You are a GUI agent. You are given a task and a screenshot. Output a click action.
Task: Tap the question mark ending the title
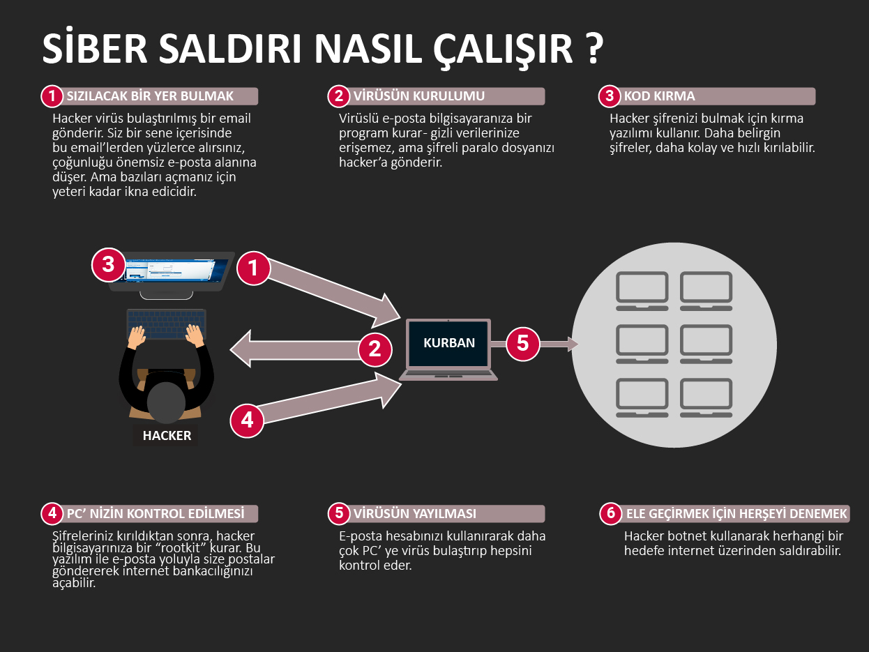591,49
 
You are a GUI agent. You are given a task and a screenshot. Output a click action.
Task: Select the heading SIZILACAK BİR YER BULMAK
149,96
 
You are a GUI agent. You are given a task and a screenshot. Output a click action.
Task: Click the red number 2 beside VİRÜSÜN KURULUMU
339,96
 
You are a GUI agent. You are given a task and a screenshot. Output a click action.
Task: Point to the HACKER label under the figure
167,436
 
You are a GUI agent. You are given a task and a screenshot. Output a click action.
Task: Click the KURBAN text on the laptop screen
449,342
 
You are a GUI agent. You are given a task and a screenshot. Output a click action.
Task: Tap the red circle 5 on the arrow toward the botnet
523,344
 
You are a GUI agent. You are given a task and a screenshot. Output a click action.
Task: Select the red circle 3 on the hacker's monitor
108,265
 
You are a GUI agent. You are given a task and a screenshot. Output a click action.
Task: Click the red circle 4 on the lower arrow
248,420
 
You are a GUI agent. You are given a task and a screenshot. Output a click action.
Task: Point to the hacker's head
167,403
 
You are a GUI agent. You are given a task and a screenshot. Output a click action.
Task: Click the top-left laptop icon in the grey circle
642,291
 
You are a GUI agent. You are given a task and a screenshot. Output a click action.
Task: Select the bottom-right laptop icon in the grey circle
706,397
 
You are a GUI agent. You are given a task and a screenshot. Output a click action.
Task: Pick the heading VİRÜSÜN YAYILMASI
414,514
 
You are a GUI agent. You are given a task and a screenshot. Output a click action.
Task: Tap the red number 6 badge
611,514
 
